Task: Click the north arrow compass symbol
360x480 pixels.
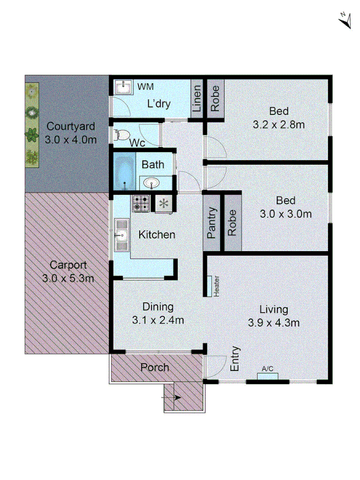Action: pos(346,20)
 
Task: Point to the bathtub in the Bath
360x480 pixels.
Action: pos(124,172)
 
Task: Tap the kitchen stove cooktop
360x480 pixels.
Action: pos(141,203)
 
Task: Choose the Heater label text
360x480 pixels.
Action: pos(217,285)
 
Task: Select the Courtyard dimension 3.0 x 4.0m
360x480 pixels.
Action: pos(71,140)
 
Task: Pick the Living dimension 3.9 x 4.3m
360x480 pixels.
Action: pos(274,323)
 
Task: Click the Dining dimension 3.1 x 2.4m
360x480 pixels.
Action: pos(158,321)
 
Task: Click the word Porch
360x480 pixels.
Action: pos(155,367)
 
